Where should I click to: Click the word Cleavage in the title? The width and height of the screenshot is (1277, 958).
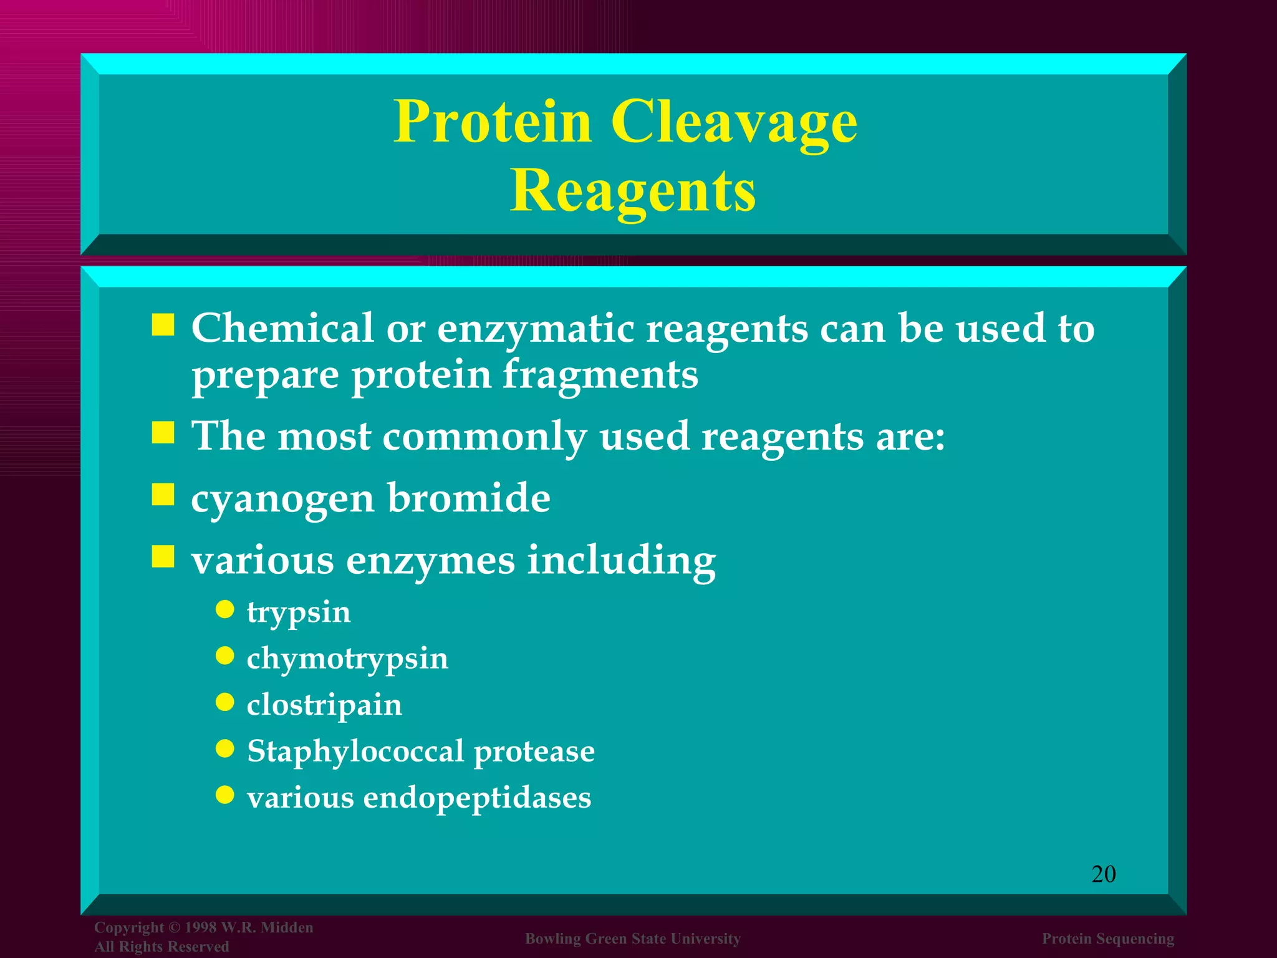734,122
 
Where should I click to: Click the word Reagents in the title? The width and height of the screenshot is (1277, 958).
633,191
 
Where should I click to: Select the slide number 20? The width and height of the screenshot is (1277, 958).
1103,874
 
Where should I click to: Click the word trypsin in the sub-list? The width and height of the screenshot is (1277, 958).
299,612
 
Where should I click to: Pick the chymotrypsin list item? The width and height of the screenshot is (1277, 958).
347,659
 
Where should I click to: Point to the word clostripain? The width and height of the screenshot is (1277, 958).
324,705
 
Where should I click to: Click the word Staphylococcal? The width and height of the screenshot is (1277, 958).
355,752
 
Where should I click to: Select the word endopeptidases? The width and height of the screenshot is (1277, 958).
477,798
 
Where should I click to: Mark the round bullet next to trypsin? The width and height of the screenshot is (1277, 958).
224,609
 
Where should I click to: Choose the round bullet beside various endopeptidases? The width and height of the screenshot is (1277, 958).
224,794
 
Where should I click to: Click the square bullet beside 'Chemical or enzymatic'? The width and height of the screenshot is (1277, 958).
163,324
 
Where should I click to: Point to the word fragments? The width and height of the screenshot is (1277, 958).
600,375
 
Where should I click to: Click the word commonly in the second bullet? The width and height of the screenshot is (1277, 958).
484,437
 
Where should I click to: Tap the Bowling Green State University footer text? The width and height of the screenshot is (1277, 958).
633,939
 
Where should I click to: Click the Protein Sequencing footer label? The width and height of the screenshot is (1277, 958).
1108,939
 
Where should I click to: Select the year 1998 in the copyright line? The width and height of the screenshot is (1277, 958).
200,927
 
